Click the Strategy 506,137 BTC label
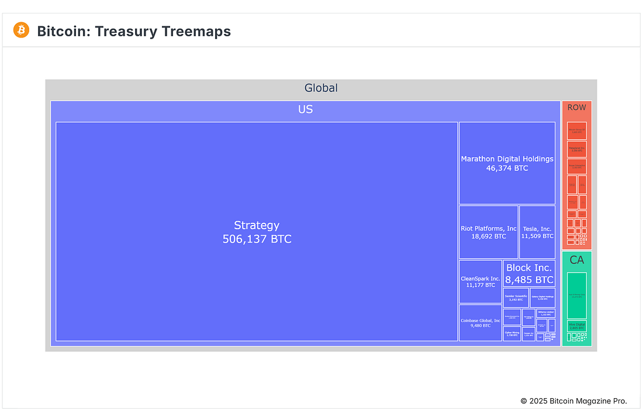[x=257, y=232]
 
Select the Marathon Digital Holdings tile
[x=507, y=163]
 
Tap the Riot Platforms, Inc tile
[x=488, y=232]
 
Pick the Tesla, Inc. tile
[x=537, y=232]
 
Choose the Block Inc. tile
[x=529, y=274]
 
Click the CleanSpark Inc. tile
[x=480, y=282]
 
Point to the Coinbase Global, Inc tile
[x=480, y=323]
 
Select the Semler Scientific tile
[x=516, y=298]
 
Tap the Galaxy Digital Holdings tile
[x=542, y=298]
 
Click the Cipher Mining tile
[x=512, y=334]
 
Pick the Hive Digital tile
[x=576, y=326]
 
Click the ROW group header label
[x=576, y=108]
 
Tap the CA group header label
[x=576, y=260]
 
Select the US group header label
[x=305, y=109]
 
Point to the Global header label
[x=321, y=88]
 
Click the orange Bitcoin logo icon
[x=22, y=30]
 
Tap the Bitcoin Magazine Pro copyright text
[x=573, y=401]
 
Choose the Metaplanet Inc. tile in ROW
[x=576, y=149]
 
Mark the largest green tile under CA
[x=576, y=295]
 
